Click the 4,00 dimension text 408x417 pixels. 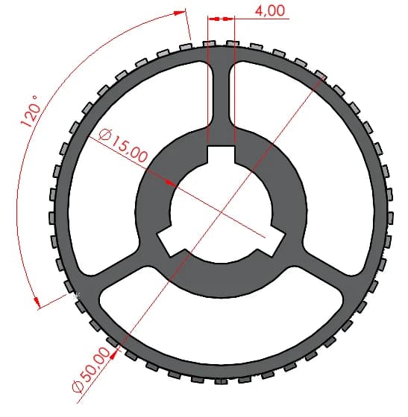270,11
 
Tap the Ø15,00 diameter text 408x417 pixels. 123,145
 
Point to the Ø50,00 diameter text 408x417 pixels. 91,369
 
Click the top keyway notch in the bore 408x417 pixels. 221,154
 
